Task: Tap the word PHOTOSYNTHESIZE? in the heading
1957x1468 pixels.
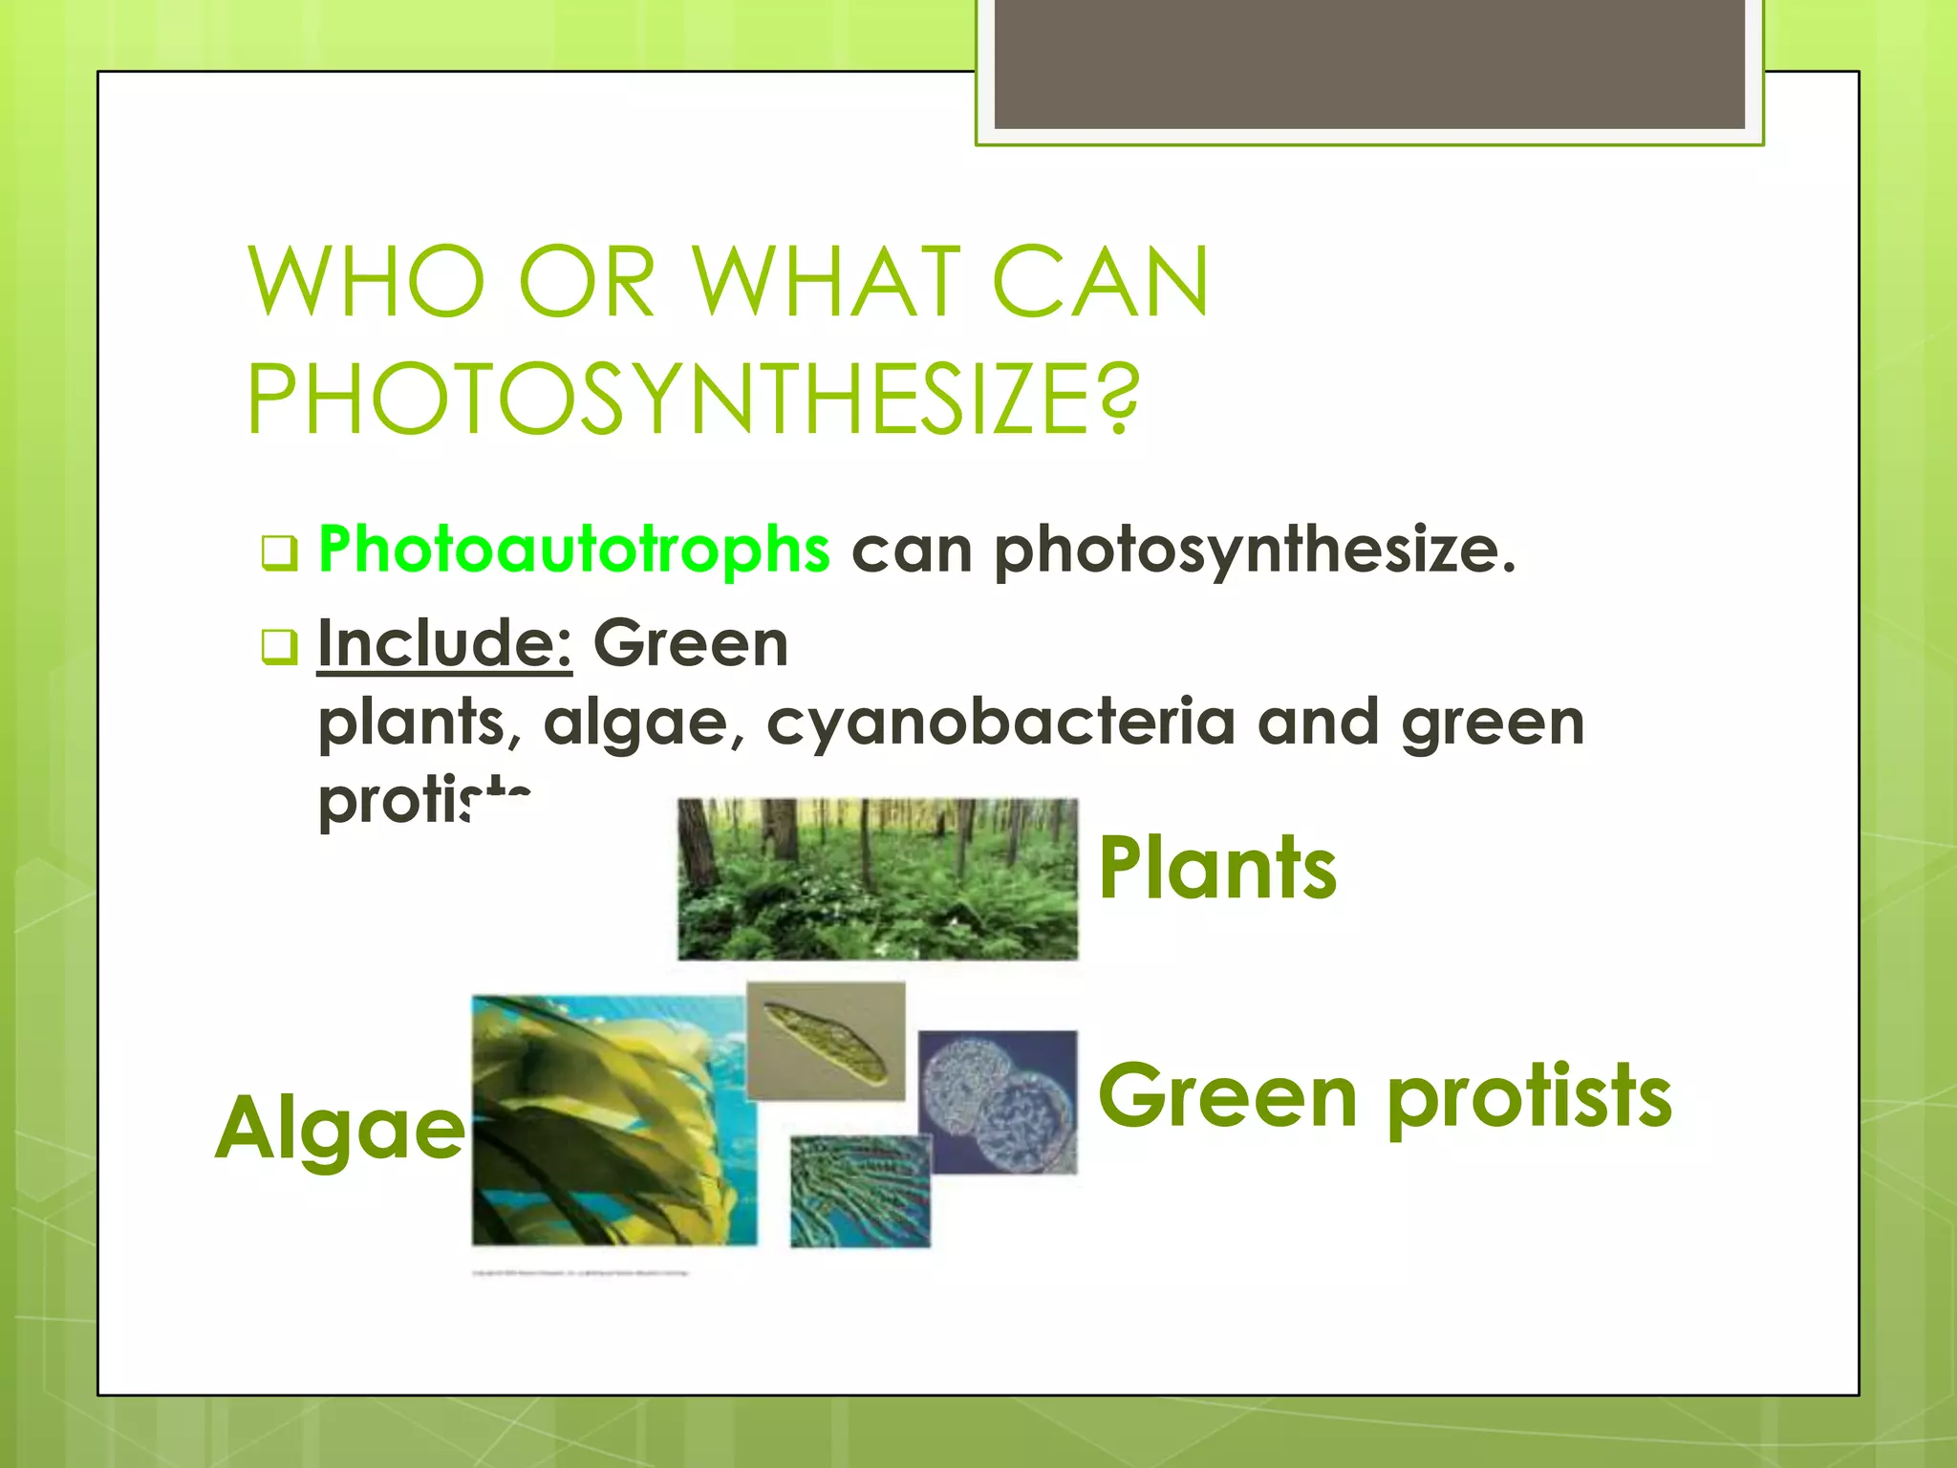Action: pos(693,399)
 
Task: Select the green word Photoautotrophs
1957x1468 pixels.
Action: pos(574,550)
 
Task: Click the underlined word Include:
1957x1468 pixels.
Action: pos(444,643)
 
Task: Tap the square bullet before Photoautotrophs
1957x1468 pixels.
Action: pos(279,553)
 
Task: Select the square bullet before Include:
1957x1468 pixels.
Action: pos(279,647)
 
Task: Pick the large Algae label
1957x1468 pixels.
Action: pos(340,1129)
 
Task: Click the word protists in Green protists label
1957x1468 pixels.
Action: pos(1529,1098)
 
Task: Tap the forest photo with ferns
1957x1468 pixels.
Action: pos(877,879)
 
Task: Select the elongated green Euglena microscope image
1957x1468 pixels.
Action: pos(826,1041)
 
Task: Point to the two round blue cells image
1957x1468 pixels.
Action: pos(998,1102)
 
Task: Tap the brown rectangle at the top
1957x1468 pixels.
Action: pos(1368,63)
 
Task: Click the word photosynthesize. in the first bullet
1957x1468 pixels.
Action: pos(1255,550)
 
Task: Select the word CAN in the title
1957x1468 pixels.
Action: pos(1101,283)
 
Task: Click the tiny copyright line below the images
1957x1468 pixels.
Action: pos(580,1273)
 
